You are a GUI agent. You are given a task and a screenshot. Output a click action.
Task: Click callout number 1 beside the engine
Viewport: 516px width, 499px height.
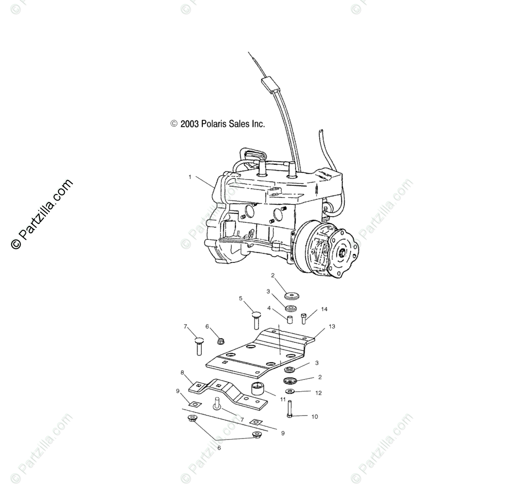(190, 177)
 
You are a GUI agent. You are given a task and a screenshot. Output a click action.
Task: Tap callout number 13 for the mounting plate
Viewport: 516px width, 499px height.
(332, 326)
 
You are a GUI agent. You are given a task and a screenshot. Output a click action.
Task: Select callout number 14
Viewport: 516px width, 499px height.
(324, 309)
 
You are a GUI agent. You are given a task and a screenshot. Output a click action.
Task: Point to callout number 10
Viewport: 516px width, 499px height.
(315, 417)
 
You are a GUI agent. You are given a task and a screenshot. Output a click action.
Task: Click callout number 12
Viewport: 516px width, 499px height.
(318, 393)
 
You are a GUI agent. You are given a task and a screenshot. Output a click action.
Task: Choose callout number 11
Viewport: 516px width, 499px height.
(283, 399)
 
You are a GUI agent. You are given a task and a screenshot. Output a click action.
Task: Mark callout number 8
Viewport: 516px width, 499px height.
(182, 373)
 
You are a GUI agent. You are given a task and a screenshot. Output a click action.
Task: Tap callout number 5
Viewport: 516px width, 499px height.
(240, 299)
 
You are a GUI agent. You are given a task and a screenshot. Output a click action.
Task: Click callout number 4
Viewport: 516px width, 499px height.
(269, 308)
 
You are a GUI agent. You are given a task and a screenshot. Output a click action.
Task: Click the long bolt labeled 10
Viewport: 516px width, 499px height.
(290, 408)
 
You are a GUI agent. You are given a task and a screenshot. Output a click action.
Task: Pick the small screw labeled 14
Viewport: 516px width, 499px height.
(304, 319)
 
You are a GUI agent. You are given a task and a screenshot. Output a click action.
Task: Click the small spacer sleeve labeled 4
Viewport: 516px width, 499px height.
(290, 319)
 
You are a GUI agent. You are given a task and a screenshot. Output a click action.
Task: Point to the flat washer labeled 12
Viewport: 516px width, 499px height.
(290, 391)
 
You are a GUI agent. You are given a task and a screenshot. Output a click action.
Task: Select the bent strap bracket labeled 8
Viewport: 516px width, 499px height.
(227, 391)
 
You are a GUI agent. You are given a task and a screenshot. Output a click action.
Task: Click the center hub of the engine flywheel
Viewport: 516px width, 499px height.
(342, 252)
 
